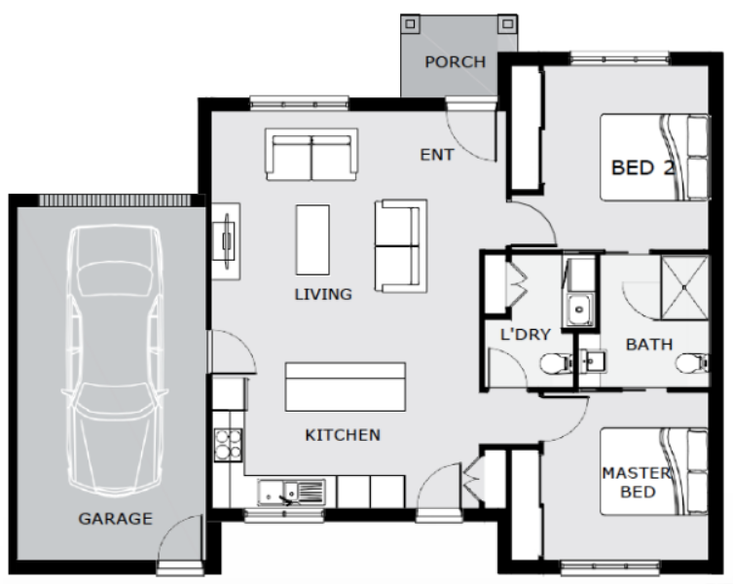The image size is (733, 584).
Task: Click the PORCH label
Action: click(x=455, y=61)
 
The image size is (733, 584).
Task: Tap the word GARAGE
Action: click(x=116, y=518)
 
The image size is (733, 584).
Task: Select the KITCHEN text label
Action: click(x=343, y=435)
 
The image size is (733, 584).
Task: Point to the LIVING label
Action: click(x=323, y=294)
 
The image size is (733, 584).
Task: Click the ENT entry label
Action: click(x=437, y=155)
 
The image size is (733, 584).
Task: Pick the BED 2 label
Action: click(x=642, y=167)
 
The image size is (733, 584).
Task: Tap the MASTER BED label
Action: click(x=638, y=483)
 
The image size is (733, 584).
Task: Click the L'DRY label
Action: click(x=526, y=334)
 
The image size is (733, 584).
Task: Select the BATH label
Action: click(x=649, y=345)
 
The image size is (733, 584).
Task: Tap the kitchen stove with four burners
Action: click(x=228, y=445)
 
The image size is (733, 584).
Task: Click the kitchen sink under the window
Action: click(x=291, y=493)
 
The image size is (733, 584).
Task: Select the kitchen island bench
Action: click(x=346, y=387)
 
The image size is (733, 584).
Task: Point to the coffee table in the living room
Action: click(x=312, y=239)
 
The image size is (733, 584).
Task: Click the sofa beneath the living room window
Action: click(x=312, y=155)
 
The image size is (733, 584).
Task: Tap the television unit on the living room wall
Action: click(x=227, y=241)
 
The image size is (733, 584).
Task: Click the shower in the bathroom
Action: click(x=684, y=287)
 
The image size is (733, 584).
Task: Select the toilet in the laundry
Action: click(x=557, y=364)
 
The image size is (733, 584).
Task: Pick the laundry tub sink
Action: click(x=580, y=310)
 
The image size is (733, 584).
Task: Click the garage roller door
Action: click(x=115, y=201)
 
